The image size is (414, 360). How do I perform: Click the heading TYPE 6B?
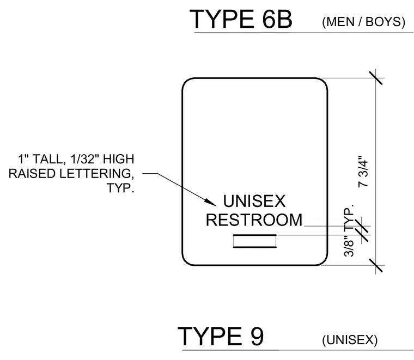[241, 19]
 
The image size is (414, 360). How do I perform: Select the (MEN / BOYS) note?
[363, 22]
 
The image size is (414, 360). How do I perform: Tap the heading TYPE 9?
[221, 336]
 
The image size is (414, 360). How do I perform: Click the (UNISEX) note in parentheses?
[350, 340]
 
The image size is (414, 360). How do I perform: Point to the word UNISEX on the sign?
[254, 201]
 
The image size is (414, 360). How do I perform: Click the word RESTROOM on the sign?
[254, 220]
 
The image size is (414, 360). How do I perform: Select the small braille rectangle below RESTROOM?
[255, 241]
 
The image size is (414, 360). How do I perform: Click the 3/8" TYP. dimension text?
[349, 230]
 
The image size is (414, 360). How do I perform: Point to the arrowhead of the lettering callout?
[212, 202]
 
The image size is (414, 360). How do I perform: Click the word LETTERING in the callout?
[95, 174]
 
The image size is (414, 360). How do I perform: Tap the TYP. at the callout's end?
[120, 188]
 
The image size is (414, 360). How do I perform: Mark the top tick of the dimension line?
[375, 77]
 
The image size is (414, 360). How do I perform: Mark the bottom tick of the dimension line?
[375, 265]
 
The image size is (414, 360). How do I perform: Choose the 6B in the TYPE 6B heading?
[277, 19]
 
